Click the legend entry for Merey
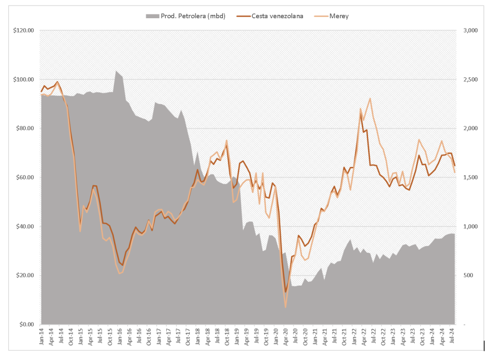tap(339, 16)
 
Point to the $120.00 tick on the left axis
tap(24, 30)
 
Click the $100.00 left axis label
tap(24, 79)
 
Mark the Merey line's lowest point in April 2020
tap(285, 307)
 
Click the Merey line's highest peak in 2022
tap(370, 98)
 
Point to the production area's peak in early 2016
tap(116, 71)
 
